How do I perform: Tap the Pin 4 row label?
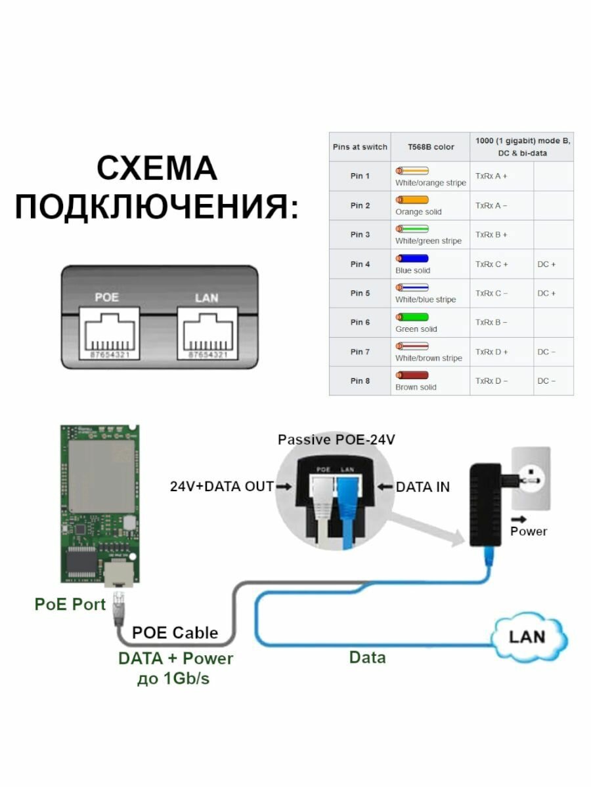click(x=360, y=264)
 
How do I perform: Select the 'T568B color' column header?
click(x=430, y=147)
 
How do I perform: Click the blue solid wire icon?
click(x=412, y=258)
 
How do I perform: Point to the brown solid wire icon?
click(x=412, y=375)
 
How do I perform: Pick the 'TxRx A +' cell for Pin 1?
click(x=491, y=176)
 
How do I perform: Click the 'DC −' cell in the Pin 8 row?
click(x=546, y=381)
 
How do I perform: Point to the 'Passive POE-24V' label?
click(x=336, y=439)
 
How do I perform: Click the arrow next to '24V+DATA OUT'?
click(x=284, y=487)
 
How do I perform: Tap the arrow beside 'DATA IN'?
click(x=385, y=487)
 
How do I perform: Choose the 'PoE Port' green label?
click(x=70, y=604)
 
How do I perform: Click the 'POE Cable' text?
click(x=175, y=633)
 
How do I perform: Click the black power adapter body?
click(x=488, y=504)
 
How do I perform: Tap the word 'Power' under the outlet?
click(x=529, y=531)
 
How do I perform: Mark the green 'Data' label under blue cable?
click(x=367, y=657)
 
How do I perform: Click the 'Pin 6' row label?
click(x=360, y=323)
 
